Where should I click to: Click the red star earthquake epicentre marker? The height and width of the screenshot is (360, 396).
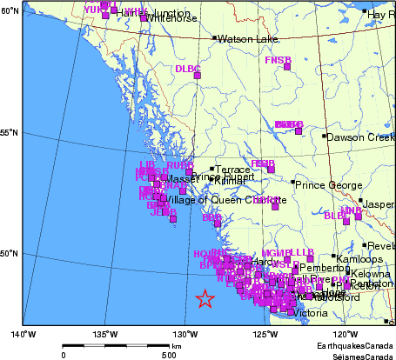[205, 299]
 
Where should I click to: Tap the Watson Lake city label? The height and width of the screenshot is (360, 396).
[245, 39]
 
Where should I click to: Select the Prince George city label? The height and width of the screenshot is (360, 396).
[326, 184]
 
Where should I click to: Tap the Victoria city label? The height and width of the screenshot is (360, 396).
[311, 313]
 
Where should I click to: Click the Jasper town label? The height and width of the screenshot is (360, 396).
[380, 204]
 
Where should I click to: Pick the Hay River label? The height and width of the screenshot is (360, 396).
[381, 15]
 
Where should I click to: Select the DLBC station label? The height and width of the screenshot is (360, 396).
[187, 68]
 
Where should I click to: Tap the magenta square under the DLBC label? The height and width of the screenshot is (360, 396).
[197, 77]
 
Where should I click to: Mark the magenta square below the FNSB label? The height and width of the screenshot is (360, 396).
[286, 67]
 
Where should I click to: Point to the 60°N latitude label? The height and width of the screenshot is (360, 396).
[10, 10]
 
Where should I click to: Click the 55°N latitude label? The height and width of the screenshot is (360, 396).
[10, 132]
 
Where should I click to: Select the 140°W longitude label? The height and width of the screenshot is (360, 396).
[23, 333]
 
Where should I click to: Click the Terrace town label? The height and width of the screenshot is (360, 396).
[233, 170]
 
